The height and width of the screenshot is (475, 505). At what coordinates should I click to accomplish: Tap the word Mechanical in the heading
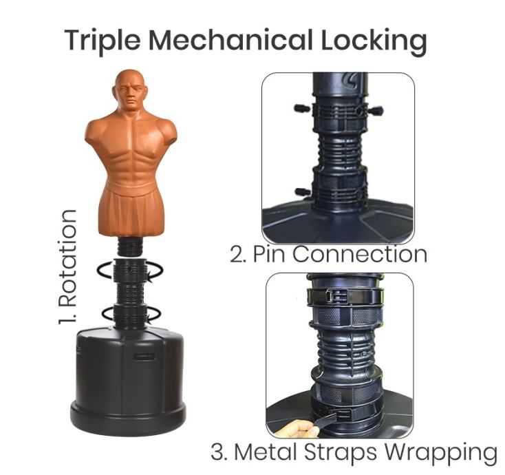(230, 40)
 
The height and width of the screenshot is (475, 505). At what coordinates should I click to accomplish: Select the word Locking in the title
(374, 42)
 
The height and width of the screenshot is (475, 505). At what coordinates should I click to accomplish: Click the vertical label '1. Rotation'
(67, 267)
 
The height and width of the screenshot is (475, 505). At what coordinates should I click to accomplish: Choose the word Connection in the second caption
(360, 254)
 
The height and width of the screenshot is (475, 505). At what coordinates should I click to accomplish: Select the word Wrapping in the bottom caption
(441, 453)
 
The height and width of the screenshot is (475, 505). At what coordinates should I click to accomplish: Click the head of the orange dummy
(130, 89)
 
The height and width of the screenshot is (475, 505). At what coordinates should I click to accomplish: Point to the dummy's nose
(131, 94)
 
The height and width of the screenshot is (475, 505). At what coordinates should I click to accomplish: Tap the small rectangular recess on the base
(144, 357)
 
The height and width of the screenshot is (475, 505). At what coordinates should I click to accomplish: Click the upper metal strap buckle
(336, 296)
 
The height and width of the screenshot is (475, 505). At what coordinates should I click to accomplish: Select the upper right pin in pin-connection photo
(376, 112)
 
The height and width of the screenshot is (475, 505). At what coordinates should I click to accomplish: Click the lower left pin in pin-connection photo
(303, 192)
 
